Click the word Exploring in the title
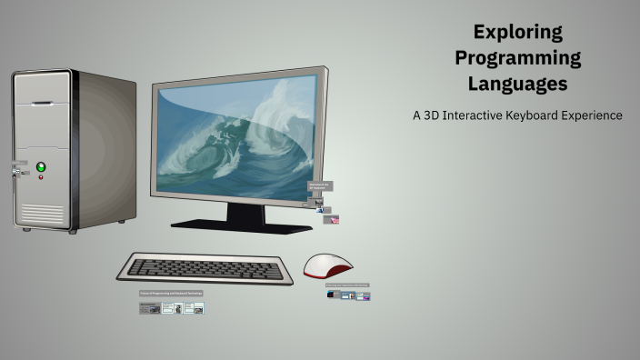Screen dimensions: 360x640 pyautogui.click(x=518, y=33)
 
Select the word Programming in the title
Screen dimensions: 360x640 pyautogui.click(x=518, y=58)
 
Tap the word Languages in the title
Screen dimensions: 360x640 pyautogui.click(x=518, y=84)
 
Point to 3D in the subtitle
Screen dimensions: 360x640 pyautogui.click(x=430, y=115)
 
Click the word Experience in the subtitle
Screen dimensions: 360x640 pyautogui.click(x=596, y=115)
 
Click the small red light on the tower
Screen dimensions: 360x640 pyautogui.click(x=41, y=177)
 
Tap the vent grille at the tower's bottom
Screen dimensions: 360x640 pyautogui.click(x=43, y=214)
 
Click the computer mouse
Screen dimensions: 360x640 pyautogui.click(x=327, y=265)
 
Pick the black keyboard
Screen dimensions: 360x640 pyautogui.click(x=205, y=267)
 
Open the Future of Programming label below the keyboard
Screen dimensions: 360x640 pyautogui.click(x=171, y=294)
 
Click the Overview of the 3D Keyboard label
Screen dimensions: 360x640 pyautogui.click(x=319, y=185)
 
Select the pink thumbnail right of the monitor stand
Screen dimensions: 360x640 pyautogui.click(x=335, y=220)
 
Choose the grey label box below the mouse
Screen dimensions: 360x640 pyautogui.click(x=347, y=285)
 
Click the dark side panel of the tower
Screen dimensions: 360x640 pyautogui.click(x=107, y=150)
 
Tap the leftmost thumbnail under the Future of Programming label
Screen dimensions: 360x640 pyautogui.click(x=149, y=308)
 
